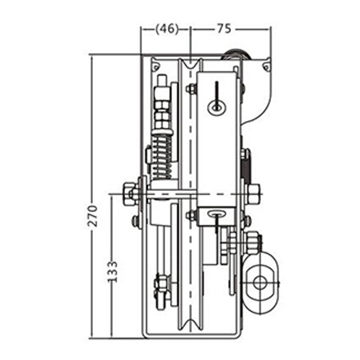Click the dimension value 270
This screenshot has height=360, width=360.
pyautogui.click(x=93, y=216)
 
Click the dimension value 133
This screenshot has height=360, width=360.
pyautogui.click(x=112, y=272)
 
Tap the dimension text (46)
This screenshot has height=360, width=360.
pyautogui.click(x=167, y=29)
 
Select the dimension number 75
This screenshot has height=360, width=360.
pyautogui.click(x=224, y=29)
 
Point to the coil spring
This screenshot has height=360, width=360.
pyautogui.click(x=162, y=158)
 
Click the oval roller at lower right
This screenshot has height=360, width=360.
pyautogui.click(x=261, y=282)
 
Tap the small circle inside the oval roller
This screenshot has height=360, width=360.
pyautogui.click(x=260, y=282)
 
